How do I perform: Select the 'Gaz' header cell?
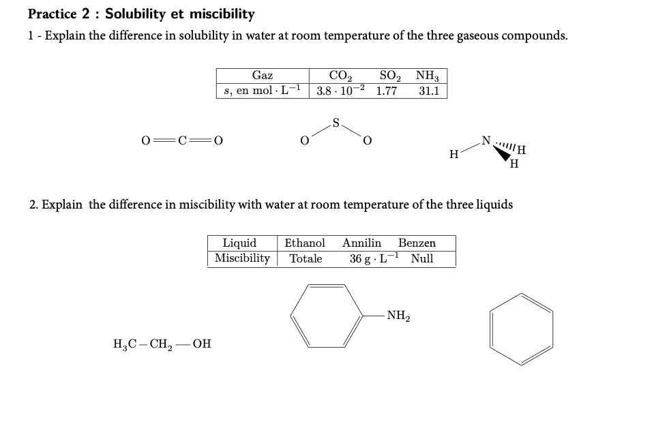(263, 76)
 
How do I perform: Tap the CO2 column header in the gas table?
(340, 76)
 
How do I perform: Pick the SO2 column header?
(389, 76)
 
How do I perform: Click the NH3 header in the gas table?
(430, 76)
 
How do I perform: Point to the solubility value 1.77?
(387, 91)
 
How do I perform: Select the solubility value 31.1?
(430, 91)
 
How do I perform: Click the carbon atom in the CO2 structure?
(182, 141)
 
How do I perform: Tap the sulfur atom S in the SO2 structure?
(336, 123)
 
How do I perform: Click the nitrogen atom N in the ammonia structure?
(485, 141)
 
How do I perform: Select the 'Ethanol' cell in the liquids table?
(305, 243)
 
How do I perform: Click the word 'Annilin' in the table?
(361, 243)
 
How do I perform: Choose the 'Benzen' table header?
(417, 243)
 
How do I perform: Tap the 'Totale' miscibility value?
(306, 259)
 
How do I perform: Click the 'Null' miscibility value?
(422, 259)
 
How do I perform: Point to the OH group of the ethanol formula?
(202, 344)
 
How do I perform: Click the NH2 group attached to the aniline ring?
(398, 315)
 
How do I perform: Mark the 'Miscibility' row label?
(242, 258)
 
